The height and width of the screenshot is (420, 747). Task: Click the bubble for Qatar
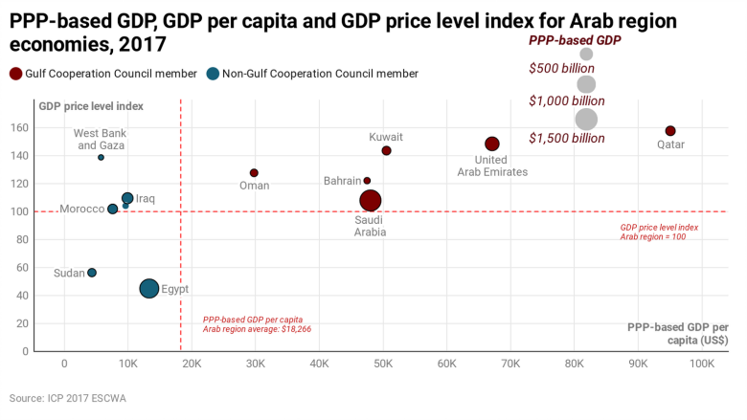pyautogui.click(x=670, y=131)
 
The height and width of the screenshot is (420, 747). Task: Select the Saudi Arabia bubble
pyautogui.click(x=371, y=200)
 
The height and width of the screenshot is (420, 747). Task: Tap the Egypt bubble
pyautogui.click(x=149, y=288)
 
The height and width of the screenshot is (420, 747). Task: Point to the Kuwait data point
pyautogui.click(x=386, y=151)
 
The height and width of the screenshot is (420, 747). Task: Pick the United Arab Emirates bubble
pyautogui.click(x=492, y=144)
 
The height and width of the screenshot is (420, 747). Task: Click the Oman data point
pyautogui.click(x=254, y=173)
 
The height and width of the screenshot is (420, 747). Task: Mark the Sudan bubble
pyautogui.click(x=92, y=273)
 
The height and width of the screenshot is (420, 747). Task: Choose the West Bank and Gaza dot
pyautogui.click(x=101, y=157)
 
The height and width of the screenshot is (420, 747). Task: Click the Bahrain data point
pyautogui.click(x=367, y=181)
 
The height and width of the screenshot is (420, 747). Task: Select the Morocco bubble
pyautogui.click(x=113, y=209)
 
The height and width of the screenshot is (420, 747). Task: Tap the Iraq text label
pyautogui.click(x=146, y=199)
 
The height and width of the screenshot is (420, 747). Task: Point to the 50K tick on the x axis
pyautogui.click(x=383, y=365)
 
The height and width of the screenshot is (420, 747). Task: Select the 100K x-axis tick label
pyautogui.click(x=702, y=365)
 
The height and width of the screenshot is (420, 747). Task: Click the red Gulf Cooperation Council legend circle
pyautogui.click(x=15, y=74)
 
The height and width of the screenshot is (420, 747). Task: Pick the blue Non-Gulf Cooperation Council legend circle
pyautogui.click(x=213, y=74)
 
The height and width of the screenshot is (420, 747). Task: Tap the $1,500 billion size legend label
pyautogui.click(x=566, y=138)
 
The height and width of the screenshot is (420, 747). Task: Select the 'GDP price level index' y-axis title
pyautogui.click(x=91, y=105)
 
